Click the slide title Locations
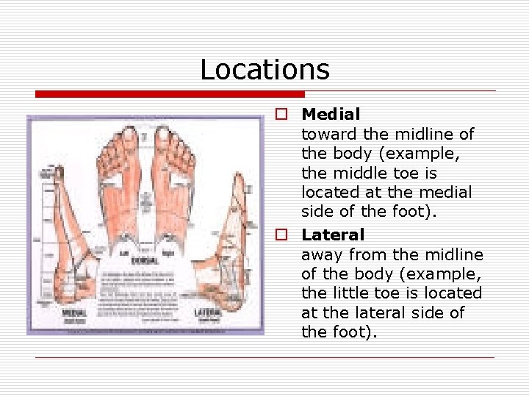point(264,70)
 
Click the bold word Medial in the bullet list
point(331,115)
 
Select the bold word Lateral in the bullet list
point(333,235)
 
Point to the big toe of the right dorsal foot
point(162,137)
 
